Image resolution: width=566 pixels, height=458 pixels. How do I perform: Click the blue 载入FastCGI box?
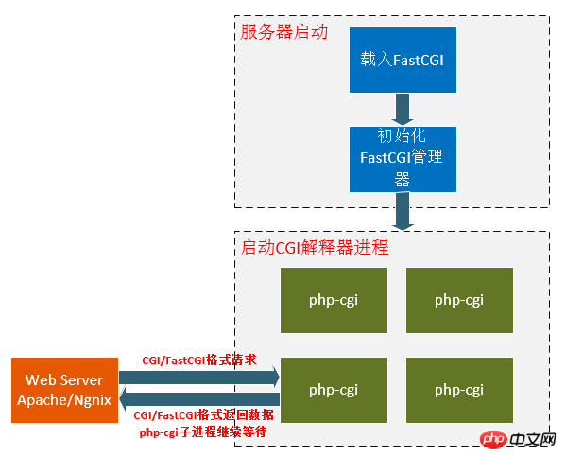tap(403, 60)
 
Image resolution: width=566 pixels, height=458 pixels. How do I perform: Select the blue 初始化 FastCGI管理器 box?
tap(403, 159)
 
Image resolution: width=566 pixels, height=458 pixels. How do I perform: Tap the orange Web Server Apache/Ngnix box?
tap(64, 390)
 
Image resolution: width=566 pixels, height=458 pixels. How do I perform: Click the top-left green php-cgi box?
tap(334, 300)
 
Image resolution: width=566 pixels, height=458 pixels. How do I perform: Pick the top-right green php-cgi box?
tap(459, 300)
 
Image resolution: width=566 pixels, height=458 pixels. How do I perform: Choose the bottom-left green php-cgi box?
tap(334, 390)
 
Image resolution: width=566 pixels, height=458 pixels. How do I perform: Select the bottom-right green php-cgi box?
tap(459, 390)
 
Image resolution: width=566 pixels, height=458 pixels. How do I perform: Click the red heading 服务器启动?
tap(284, 32)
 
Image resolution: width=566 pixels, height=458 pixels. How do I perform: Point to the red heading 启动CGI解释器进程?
tap(315, 248)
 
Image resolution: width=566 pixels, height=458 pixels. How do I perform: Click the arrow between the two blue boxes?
tap(403, 110)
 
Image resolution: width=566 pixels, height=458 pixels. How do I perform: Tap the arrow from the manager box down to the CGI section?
tap(403, 211)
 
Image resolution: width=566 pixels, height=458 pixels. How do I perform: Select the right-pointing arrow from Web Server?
tap(199, 378)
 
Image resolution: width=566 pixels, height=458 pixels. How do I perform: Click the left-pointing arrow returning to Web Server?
tap(199, 399)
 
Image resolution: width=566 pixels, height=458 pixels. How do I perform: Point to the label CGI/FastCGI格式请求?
tap(199, 360)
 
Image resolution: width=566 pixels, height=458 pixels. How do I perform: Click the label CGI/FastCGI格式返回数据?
tap(203, 415)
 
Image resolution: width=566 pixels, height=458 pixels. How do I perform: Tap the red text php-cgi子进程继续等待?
tap(203, 432)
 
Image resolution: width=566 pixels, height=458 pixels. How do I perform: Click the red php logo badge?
tap(493, 439)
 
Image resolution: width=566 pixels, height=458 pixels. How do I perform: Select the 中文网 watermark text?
tap(533, 439)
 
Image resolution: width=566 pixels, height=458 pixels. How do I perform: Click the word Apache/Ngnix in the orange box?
tap(64, 400)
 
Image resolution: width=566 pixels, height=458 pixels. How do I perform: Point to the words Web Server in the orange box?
tap(64, 379)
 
